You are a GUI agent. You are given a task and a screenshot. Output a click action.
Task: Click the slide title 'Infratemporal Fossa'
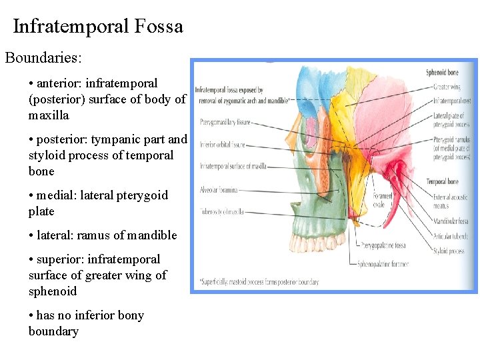[x=97, y=27]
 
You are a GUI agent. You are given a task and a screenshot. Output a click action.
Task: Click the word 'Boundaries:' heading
[x=43, y=57]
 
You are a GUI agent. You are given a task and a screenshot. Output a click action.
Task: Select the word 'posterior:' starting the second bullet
[x=63, y=139]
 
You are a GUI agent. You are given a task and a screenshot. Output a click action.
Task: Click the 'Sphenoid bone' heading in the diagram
[x=442, y=71]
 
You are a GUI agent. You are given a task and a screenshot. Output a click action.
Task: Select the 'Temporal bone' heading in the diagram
[x=441, y=181]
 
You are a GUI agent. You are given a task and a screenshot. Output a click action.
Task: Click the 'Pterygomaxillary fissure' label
[x=225, y=122]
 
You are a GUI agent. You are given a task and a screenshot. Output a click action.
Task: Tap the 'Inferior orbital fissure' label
[x=223, y=144]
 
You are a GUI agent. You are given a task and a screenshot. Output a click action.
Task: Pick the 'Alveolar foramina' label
[x=219, y=190]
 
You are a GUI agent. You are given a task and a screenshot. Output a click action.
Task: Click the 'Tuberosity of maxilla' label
[x=221, y=212]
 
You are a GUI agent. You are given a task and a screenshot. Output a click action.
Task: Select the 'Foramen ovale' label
[x=383, y=199]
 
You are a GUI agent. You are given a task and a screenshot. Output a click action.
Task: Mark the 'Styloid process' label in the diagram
[x=448, y=252]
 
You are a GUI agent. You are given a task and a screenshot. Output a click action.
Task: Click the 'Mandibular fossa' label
[x=451, y=221]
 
